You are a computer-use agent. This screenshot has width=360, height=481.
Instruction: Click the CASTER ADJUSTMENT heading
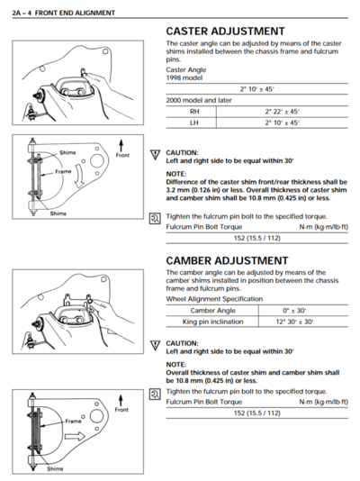point(225,32)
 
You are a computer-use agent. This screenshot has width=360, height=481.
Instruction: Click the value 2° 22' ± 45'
point(281,111)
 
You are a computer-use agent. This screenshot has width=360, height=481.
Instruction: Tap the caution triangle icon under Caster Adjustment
point(155,155)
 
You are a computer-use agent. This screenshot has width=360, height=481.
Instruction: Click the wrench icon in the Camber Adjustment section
point(155,394)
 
